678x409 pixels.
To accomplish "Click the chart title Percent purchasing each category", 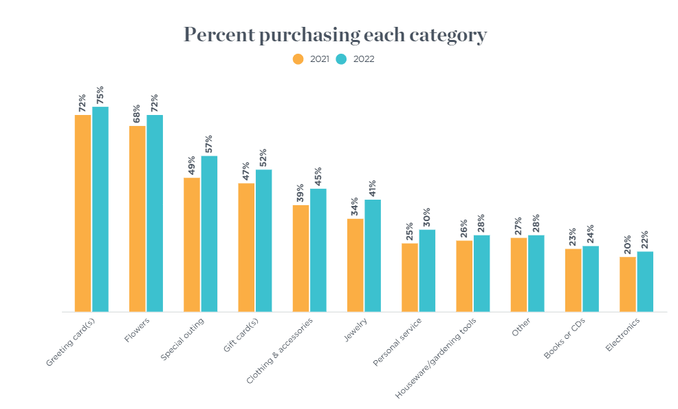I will click(x=335, y=35).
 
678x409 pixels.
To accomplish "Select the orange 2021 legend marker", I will click(x=298, y=59).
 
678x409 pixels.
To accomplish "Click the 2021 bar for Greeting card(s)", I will click(x=83, y=213).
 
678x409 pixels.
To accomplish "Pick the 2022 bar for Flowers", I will click(x=155, y=213).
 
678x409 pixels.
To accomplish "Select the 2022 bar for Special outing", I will click(x=209, y=234).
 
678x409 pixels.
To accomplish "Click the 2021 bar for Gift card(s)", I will click(x=246, y=248).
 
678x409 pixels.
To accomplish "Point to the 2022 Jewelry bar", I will click(x=373, y=256).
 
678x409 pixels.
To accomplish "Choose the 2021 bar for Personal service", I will click(x=410, y=277).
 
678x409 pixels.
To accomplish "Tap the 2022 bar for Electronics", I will click(x=645, y=282).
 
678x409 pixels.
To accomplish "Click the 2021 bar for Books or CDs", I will click(x=573, y=280).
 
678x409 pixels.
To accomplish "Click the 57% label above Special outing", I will click(x=209, y=144).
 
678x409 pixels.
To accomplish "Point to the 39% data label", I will click(x=300, y=193).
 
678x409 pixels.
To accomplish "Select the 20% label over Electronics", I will click(x=627, y=245).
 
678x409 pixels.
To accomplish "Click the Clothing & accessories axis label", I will click(x=281, y=350).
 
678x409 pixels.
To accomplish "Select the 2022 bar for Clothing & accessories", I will click(x=318, y=250).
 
